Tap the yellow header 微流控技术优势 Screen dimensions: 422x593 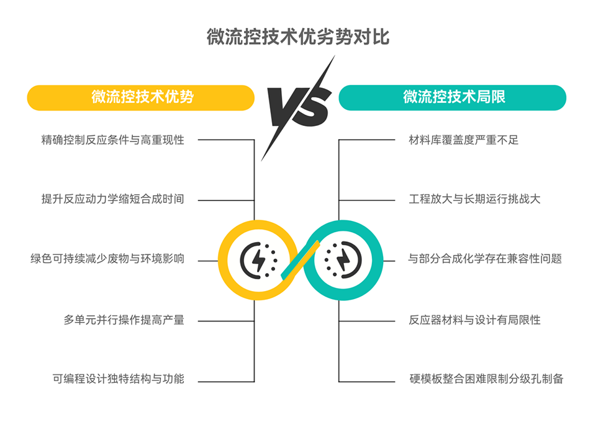pyautogui.click(x=141, y=97)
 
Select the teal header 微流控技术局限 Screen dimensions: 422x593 pyautogui.click(x=453, y=97)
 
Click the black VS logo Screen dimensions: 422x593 pyautogui.click(x=297, y=105)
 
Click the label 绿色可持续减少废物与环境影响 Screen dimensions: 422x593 pyautogui.click(x=107, y=259)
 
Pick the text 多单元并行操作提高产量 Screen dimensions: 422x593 pyautogui.click(x=124, y=320)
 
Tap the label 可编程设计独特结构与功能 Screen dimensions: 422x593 pyautogui.click(x=118, y=379)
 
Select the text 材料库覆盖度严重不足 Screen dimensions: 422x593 pyautogui.click(x=463, y=140)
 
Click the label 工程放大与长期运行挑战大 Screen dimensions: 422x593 pyautogui.click(x=474, y=199)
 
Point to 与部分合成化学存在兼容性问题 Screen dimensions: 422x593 pyautogui.click(x=484, y=259)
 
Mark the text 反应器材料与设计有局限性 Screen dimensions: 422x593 pyautogui.click(x=474, y=320)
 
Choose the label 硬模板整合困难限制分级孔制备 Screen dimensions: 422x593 pyautogui.click(x=486, y=379)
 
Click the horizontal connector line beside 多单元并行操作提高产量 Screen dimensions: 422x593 pyautogui.click(x=224, y=321)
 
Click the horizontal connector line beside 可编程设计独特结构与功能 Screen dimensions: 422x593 pyautogui.click(x=224, y=381)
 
